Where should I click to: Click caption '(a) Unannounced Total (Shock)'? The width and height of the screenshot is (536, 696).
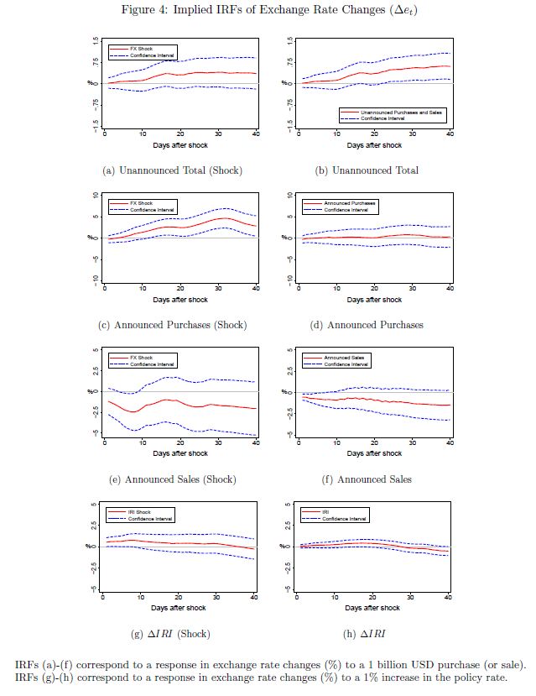pyautogui.click(x=171, y=170)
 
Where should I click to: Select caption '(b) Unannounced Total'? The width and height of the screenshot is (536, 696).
pyautogui.click(x=367, y=170)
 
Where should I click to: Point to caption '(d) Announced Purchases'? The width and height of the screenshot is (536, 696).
pyautogui.click(x=367, y=325)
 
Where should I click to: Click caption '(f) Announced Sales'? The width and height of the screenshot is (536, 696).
pyautogui.click(x=367, y=479)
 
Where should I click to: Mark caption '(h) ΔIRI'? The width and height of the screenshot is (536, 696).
pyautogui.click(x=367, y=634)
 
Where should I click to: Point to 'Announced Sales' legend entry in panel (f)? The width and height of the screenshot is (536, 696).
pyautogui.click(x=328, y=358)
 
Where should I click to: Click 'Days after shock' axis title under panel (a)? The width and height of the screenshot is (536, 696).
pyautogui.click(x=180, y=144)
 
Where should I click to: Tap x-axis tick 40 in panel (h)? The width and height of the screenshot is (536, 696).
pyautogui.click(x=449, y=597)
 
